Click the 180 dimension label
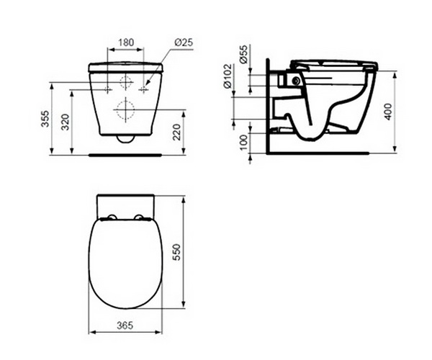126,42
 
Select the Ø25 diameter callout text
184,42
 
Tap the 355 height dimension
45,119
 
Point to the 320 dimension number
65,122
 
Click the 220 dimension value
176,132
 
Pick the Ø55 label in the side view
243,54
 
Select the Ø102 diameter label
228,76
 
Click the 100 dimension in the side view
243,143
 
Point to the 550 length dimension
176,252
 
